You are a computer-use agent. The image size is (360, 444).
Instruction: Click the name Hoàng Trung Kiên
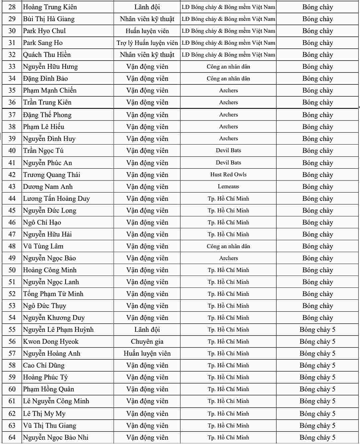pyautogui.click(x=50, y=7)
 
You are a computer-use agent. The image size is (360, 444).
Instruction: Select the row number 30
pyautogui.click(x=12, y=31)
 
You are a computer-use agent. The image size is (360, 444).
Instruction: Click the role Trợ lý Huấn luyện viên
pyautogui.click(x=147, y=43)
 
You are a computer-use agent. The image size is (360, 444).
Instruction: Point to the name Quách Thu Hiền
pyautogui.click(x=47, y=55)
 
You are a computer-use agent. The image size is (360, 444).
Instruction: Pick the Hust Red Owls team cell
pyautogui.click(x=228, y=174)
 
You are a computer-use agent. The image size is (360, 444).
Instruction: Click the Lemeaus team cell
pyautogui.click(x=228, y=186)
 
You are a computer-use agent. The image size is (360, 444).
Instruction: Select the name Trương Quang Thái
pyautogui.click(x=51, y=175)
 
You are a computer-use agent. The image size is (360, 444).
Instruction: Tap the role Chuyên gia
pyautogui.click(x=147, y=341)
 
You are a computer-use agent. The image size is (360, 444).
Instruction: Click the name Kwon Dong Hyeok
pyautogui.click(x=51, y=341)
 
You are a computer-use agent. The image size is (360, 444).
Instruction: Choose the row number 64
pyautogui.click(x=12, y=437)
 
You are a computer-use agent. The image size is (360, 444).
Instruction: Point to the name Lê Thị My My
pyautogui.click(x=44, y=414)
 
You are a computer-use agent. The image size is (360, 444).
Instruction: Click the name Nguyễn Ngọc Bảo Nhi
pyautogui.click(x=56, y=437)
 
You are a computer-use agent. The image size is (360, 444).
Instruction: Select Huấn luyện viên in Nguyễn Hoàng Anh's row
pyautogui.click(x=147, y=353)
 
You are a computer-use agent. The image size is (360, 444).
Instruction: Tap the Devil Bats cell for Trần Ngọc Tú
pyautogui.click(x=228, y=151)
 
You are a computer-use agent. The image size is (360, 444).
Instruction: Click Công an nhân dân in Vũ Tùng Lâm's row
pyautogui.click(x=228, y=246)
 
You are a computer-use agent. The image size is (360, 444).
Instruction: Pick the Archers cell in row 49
pyautogui.click(x=228, y=258)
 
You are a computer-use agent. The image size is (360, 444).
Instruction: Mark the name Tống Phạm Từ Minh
pyautogui.click(x=53, y=294)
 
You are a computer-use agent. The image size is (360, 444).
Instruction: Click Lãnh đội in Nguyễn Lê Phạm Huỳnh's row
pyautogui.click(x=147, y=330)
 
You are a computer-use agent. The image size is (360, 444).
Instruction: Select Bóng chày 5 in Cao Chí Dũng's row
pyautogui.click(x=317, y=365)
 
